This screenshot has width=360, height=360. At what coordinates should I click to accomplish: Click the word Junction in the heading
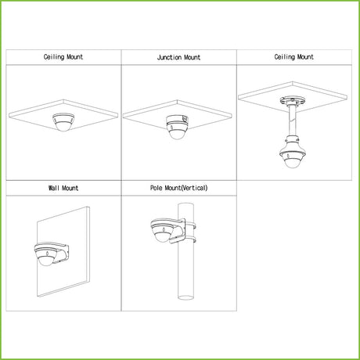(169, 57)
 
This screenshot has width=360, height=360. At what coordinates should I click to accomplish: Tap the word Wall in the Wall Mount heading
(54, 188)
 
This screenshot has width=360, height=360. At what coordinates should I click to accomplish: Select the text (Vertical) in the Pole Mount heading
(194, 188)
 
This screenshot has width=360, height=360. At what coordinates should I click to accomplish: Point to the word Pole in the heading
(156, 188)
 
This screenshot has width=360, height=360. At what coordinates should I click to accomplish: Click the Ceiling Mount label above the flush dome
(63, 57)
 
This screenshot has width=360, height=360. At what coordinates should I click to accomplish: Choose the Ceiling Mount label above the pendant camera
(293, 57)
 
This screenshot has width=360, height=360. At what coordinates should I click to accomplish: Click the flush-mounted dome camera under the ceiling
(63, 122)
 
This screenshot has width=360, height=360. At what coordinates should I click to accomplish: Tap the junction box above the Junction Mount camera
(177, 119)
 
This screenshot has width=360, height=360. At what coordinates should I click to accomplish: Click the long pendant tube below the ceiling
(292, 120)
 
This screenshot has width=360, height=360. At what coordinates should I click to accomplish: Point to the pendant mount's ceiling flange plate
(293, 100)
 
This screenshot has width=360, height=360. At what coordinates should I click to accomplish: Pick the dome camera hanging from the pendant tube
(292, 156)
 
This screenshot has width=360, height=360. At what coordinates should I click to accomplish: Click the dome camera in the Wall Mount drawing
(46, 256)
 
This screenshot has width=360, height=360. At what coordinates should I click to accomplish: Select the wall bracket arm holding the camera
(62, 252)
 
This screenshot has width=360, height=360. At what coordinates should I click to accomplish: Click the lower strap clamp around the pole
(191, 239)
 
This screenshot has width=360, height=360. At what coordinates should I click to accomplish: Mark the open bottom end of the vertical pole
(185, 297)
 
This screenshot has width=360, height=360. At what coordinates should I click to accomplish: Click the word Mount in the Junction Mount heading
(193, 57)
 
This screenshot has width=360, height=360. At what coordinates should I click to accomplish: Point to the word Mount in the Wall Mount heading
(70, 188)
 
